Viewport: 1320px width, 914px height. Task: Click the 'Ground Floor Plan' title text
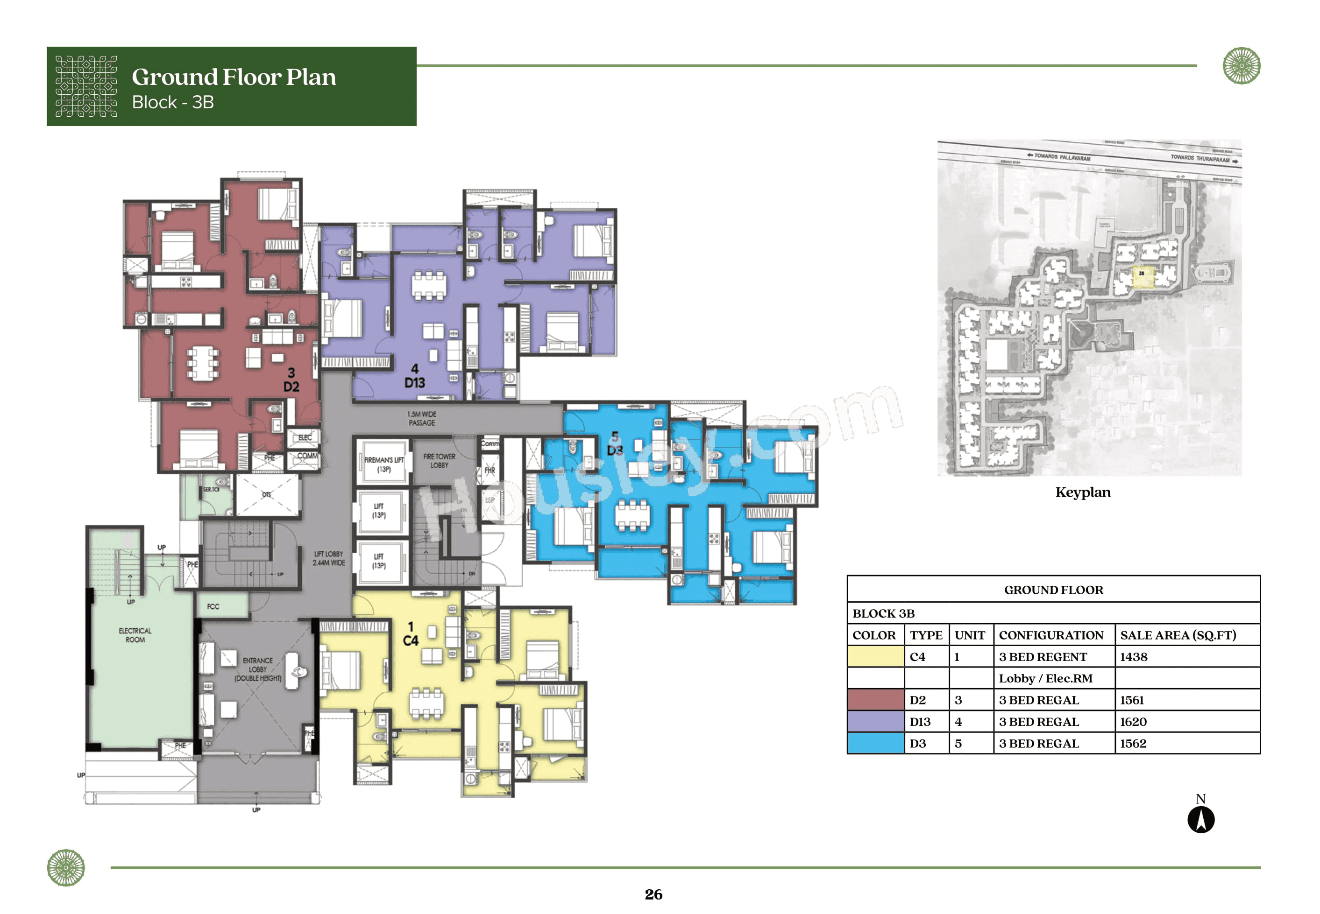234,77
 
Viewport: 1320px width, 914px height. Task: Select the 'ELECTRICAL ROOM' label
135,635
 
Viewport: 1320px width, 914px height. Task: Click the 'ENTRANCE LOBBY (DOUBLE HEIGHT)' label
258,669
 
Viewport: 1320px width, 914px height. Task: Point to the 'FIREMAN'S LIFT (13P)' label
384,464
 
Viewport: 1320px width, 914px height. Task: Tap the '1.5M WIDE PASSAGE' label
422,419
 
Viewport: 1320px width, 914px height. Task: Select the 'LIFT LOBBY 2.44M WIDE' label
328,558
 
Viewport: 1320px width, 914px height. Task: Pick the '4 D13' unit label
415,376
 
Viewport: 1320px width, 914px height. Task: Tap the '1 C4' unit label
410,634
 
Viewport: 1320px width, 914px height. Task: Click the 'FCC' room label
213,606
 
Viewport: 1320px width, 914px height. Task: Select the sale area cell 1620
1133,722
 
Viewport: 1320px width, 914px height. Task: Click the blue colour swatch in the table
875,743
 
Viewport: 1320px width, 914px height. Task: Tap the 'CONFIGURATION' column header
1051,635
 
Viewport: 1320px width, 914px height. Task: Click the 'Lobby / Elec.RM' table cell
1045,679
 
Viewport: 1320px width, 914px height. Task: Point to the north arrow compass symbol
1200,819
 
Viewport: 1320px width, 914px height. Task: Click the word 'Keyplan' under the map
1082,492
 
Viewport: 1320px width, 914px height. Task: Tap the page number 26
653,894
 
